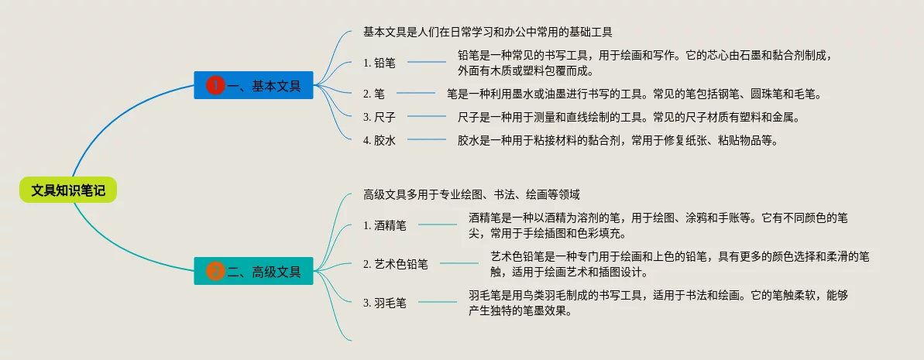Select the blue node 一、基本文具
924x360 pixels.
click(253, 85)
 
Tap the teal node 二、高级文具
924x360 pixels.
click(253, 272)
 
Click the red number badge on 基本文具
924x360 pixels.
click(215, 85)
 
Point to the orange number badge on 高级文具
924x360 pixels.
click(215, 272)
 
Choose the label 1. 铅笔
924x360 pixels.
click(379, 63)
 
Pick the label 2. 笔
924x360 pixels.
click(374, 94)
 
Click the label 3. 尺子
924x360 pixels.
click(379, 117)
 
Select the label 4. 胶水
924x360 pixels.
click(379, 140)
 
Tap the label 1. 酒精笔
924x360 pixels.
click(384, 225)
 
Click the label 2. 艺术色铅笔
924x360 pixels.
click(395, 264)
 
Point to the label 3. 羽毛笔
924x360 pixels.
click(384, 303)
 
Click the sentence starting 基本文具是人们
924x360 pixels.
click(488, 32)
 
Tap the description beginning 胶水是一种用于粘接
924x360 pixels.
click(617, 140)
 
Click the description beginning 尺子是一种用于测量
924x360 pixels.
click(628, 117)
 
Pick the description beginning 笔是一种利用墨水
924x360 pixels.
click(633, 94)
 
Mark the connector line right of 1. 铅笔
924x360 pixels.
click(427, 63)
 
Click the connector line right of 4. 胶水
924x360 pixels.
click(427, 140)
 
